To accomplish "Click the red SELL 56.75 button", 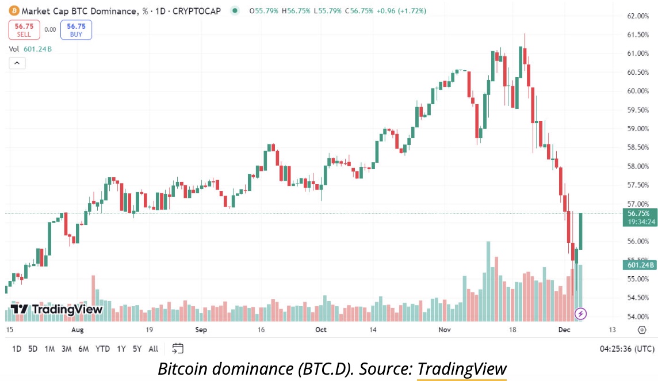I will (24, 29).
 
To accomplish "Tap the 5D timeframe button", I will (33, 349).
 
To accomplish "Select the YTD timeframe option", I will (103, 349).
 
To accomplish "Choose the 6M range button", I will (83, 349).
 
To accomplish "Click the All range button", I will (153, 349).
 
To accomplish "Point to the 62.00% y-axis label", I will (637, 16).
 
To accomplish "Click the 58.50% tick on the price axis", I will (637, 147).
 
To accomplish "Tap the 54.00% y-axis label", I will (637, 317).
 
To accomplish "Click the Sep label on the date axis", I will (201, 330).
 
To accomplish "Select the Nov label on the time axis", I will (445, 330).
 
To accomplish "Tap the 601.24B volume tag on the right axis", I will (639, 265).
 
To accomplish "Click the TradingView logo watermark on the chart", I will (56, 309).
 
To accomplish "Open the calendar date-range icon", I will (178, 348).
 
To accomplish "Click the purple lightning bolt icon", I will (581, 314).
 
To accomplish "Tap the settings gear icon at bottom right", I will (642, 330).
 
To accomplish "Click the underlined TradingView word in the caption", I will (462, 369).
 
